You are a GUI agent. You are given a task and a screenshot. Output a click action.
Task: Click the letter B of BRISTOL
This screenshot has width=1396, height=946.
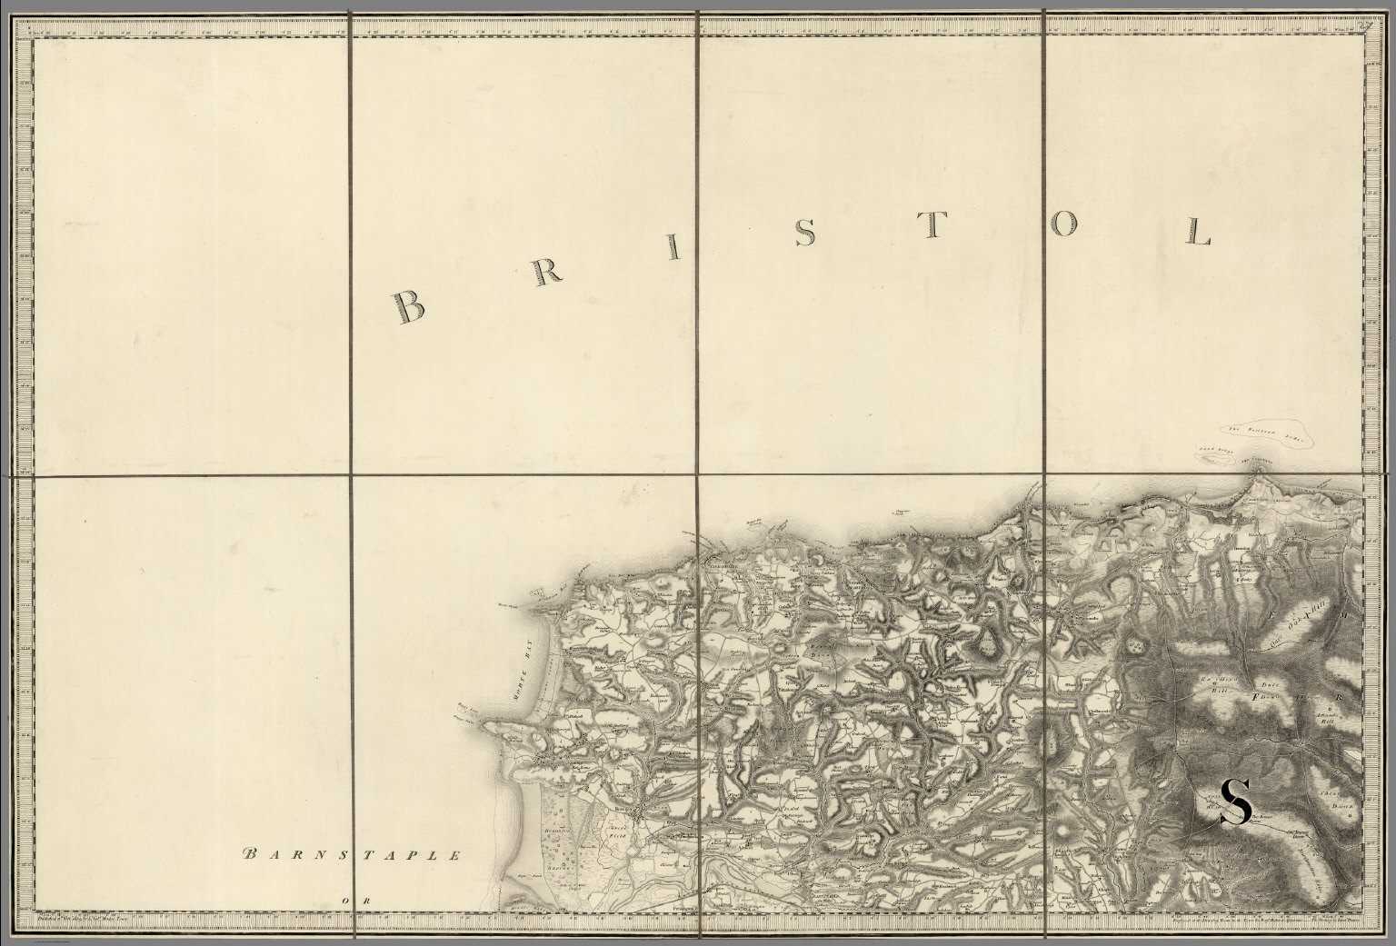point(408,307)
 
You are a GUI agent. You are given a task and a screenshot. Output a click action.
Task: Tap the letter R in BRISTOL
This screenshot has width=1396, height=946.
point(542,275)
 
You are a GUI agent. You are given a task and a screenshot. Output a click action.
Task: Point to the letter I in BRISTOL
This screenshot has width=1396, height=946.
point(673,247)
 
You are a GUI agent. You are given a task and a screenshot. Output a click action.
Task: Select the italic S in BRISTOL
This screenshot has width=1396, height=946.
point(804,234)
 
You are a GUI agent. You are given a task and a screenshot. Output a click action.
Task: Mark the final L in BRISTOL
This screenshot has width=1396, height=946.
point(1199,233)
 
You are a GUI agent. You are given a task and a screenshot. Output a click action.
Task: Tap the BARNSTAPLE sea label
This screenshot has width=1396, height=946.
point(353,855)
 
